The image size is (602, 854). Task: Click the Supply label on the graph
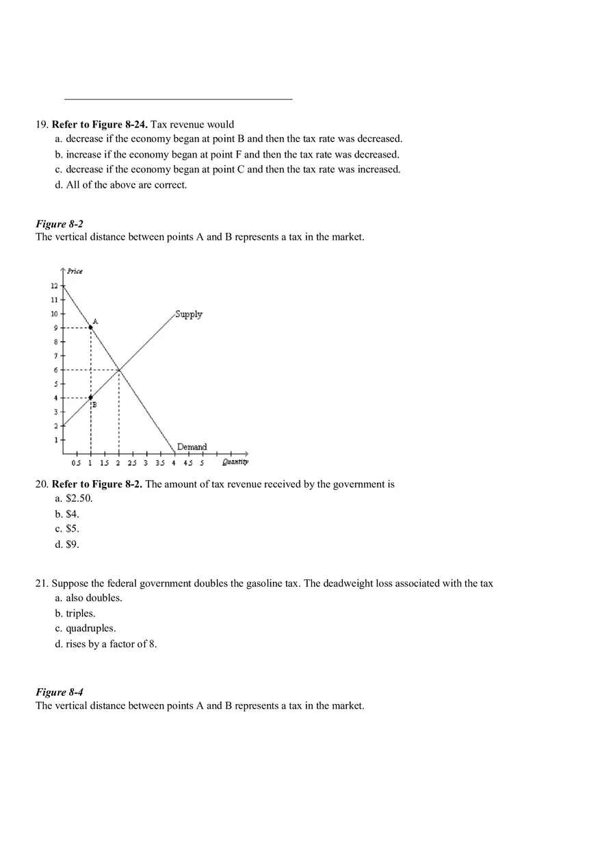pos(188,314)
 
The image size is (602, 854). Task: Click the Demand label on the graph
pos(192,447)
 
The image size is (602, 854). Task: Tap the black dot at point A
pos(91,328)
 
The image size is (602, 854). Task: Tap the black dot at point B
pos(91,397)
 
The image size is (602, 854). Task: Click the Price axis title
pos(75,271)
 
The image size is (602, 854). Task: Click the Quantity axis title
pos(235,462)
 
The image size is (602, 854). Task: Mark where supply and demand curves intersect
pos(119,370)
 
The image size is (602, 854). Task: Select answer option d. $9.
pos(67,544)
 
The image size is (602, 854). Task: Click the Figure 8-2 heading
pos(60,224)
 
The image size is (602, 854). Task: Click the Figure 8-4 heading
pos(60,692)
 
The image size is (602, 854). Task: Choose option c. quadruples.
pos(86,628)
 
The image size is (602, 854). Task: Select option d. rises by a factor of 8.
pos(106,644)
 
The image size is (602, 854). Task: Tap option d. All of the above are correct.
pos(120,185)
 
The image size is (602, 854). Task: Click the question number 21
pos(42,583)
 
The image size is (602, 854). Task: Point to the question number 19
pos(42,125)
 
